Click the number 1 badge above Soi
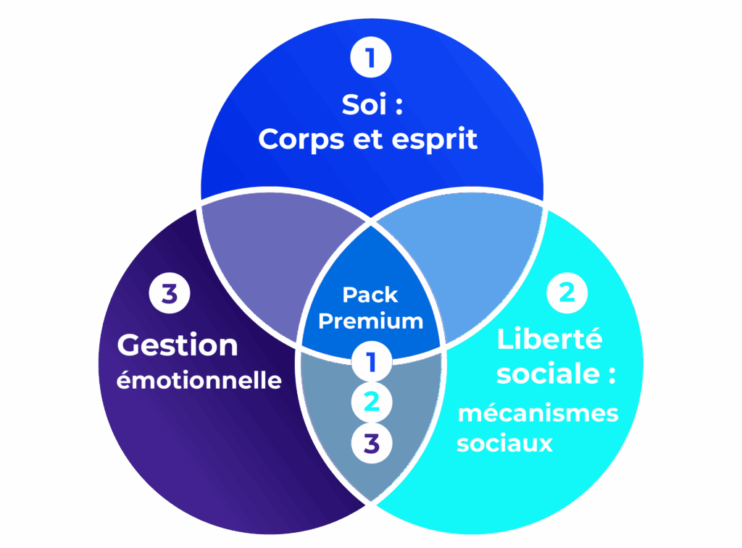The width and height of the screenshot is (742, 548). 371,59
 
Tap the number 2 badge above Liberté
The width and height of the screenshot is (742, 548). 567,292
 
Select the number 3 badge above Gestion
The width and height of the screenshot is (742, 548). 170,294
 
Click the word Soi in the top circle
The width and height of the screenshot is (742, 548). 364,105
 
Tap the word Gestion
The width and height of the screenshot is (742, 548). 178,345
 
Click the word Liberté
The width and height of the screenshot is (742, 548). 540,339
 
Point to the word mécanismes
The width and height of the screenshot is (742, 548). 538,413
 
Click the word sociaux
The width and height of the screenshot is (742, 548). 504,442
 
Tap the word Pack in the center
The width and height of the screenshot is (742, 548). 370,295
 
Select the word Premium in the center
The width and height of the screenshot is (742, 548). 370,321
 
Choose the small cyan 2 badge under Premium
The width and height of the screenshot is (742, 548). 372,402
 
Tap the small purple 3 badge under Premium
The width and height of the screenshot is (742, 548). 372,442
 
